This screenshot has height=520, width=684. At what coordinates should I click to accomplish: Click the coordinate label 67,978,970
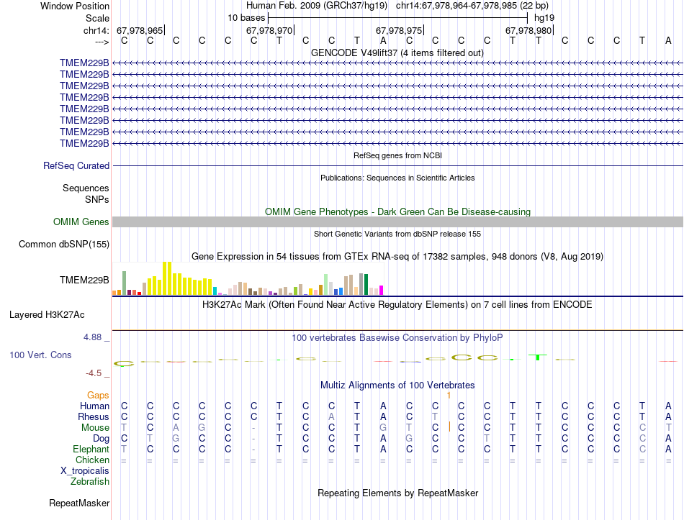(269, 30)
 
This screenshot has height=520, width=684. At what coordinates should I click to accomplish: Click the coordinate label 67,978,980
(528, 30)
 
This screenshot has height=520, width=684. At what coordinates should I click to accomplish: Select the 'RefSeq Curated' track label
(76, 165)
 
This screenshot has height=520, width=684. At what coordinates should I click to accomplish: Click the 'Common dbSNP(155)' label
(64, 245)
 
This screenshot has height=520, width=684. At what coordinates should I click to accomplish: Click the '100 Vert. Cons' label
(40, 355)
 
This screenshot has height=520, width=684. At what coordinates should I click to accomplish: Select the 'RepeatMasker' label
(79, 503)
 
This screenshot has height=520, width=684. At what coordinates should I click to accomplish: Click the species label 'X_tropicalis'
(85, 470)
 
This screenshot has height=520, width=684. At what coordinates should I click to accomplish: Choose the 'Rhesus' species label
(94, 416)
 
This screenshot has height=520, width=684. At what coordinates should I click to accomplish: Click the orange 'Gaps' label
(98, 395)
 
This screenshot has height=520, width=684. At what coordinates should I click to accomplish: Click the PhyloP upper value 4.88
(95, 337)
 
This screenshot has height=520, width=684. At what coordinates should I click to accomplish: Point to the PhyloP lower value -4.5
(96, 373)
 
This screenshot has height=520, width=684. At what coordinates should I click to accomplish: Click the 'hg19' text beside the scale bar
(543, 17)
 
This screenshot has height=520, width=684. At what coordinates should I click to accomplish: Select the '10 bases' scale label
(246, 17)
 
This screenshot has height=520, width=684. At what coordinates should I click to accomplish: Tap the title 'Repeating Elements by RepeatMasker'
(397, 493)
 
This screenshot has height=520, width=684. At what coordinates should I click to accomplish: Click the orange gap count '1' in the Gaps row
(449, 395)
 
